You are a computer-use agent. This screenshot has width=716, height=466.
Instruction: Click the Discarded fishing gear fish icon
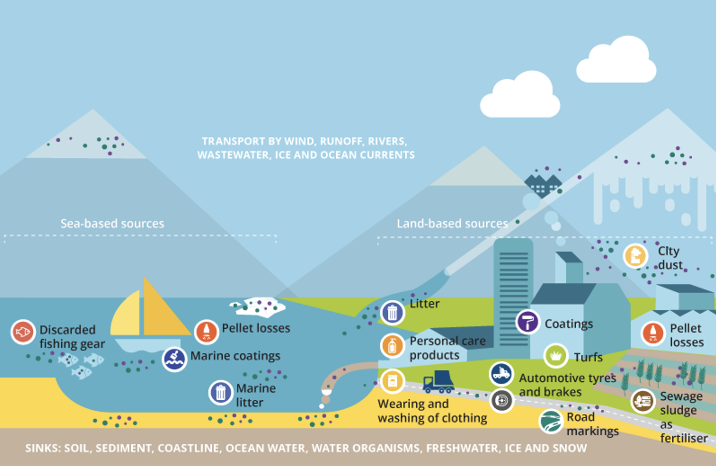23,332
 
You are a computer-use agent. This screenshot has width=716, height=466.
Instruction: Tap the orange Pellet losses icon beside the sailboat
206,332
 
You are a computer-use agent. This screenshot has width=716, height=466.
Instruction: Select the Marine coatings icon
175,359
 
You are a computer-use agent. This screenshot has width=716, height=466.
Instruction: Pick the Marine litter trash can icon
221,393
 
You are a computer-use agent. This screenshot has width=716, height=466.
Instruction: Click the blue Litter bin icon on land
392,313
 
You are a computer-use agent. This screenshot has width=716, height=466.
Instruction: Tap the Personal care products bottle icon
392,346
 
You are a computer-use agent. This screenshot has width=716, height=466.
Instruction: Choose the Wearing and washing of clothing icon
392,381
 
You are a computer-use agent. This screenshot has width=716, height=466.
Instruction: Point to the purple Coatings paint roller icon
528,322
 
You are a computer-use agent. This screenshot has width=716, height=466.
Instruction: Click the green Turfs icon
556,355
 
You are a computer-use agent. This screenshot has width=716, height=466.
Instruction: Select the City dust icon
635,256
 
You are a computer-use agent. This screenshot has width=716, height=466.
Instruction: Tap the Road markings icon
551,422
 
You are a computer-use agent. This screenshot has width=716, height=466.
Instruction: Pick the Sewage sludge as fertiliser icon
643,401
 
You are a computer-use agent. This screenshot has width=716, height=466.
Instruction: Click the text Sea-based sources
112,224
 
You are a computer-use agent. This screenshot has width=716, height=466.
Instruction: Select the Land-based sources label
452,224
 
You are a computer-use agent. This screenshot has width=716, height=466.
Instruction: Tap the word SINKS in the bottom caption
43,448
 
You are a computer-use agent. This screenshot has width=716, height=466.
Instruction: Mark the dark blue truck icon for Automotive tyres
501,373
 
